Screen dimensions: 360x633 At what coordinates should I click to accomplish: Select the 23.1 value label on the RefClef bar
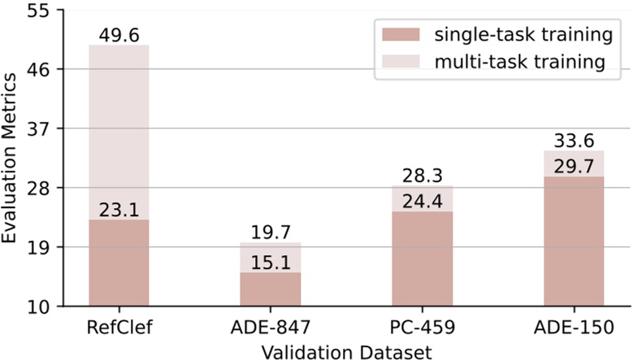pos(119,209)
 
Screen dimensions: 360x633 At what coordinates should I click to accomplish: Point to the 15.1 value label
pos(270,261)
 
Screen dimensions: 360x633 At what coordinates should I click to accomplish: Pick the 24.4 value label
pos(422,201)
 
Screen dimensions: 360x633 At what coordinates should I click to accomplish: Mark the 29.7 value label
pos(573,166)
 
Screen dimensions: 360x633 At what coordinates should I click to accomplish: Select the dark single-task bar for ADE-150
pos(573,244)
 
